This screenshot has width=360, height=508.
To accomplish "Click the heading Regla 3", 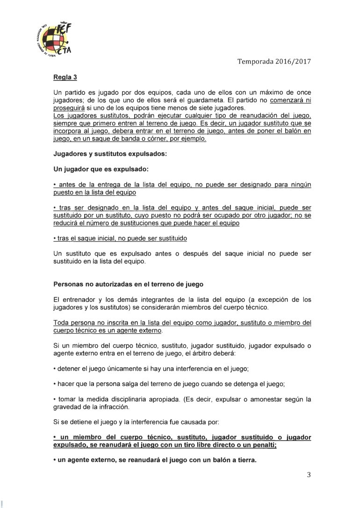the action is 65,78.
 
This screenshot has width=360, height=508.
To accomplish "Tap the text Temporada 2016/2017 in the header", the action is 274,61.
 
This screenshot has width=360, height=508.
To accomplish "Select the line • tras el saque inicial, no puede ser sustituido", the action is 121,239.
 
